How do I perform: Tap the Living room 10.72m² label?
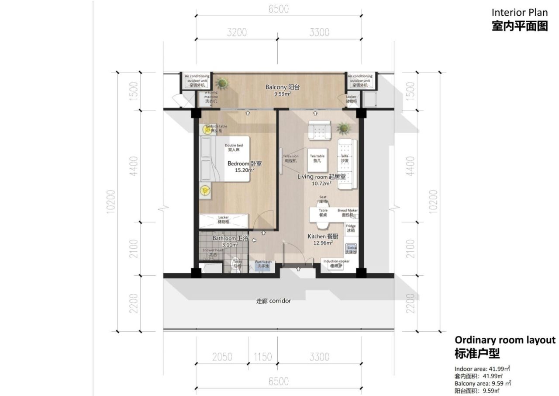pos(321,180)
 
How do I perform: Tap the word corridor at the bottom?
pos(280,301)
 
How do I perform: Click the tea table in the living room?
pos(317,158)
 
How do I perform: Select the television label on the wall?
pos(290,158)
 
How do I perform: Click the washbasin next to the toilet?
pos(262,264)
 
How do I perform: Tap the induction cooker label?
pos(336,263)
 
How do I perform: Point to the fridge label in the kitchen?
pos(351,228)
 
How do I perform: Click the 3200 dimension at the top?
pos(237,32)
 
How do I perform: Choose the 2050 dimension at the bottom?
pos(222,357)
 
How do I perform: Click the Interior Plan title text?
pos(519,12)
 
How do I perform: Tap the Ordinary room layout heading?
pos(505,340)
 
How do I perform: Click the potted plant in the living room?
pos(344,128)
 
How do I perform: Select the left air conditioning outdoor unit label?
pos(197,80)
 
